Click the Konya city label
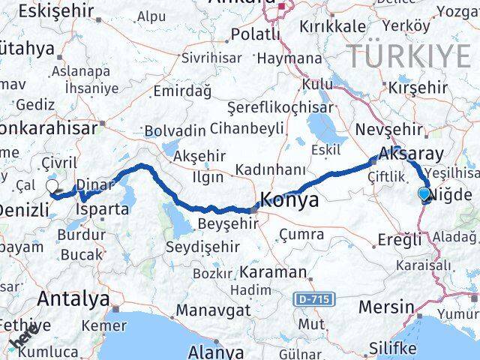click(x=289, y=201)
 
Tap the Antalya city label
click(x=73, y=299)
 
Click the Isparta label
click(x=101, y=208)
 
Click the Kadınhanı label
click(x=270, y=169)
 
